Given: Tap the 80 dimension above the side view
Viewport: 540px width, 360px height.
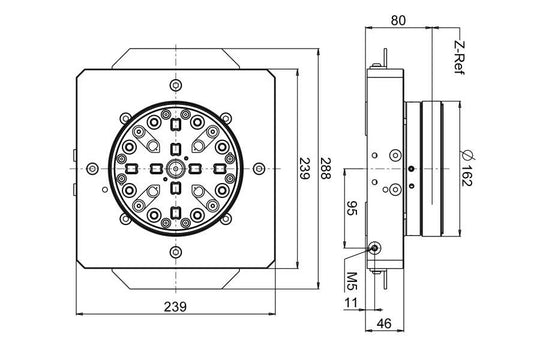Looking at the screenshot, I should [x=398, y=18].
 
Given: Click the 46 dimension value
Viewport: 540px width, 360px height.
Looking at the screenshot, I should [x=385, y=324].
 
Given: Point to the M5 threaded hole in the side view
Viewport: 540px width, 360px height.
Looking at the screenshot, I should [x=374, y=248].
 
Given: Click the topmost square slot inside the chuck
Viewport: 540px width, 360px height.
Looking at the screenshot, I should [x=175, y=124].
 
